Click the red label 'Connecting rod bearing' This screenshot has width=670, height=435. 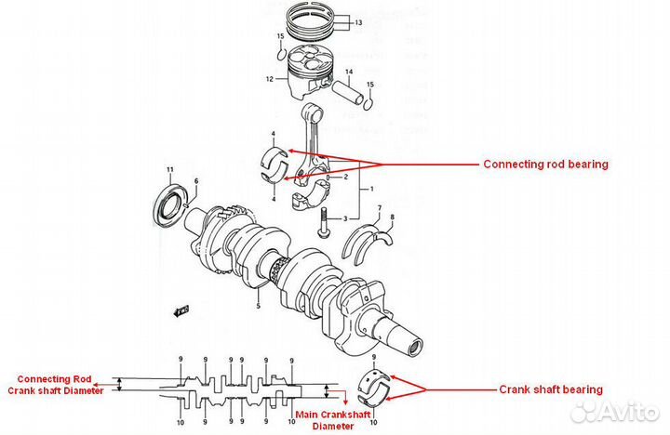[x=545, y=164]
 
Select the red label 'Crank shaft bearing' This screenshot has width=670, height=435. [x=551, y=389]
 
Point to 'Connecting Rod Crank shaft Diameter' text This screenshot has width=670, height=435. [x=58, y=385]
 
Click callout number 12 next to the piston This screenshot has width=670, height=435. [x=269, y=80]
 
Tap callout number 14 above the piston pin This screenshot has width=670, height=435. [x=349, y=72]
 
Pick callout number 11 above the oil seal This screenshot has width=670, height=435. [x=169, y=168]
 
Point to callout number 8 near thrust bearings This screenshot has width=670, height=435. [x=392, y=217]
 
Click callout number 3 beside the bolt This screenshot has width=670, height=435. [x=344, y=218]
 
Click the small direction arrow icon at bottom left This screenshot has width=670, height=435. [x=181, y=307]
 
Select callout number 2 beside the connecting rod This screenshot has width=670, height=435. [x=344, y=177]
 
